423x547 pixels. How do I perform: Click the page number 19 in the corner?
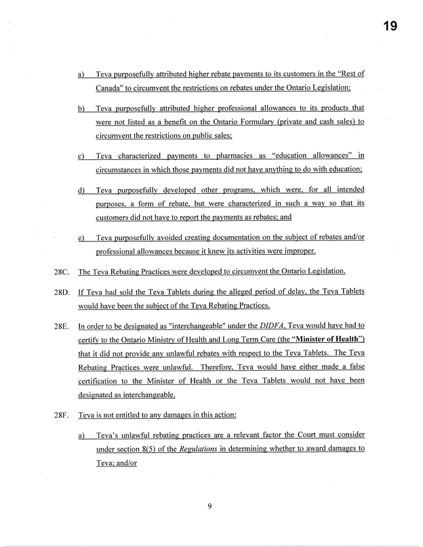389,26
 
